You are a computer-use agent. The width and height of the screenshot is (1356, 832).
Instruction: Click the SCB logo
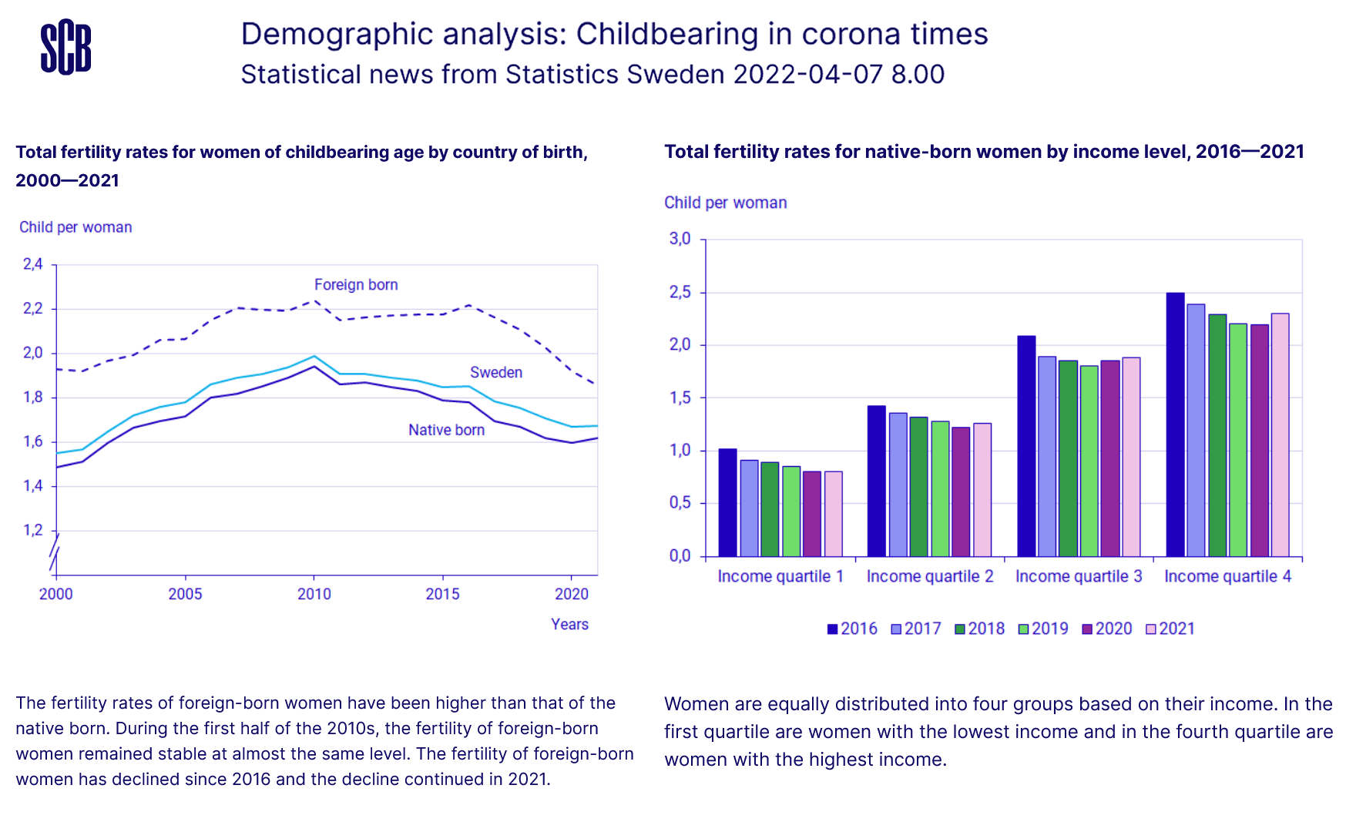(65, 47)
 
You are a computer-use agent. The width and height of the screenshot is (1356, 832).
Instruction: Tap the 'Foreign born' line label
(356, 285)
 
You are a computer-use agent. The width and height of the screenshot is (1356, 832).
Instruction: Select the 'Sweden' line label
(496, 373)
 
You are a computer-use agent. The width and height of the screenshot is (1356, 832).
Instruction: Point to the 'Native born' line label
(446, 431)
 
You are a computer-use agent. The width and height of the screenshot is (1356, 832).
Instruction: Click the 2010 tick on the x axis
(314, 594)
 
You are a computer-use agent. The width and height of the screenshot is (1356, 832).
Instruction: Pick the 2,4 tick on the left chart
(33, 265)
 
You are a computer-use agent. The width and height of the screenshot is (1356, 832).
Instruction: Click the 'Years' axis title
(569, 625)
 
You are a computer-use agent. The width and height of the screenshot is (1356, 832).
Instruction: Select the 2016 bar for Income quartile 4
(1175, 424)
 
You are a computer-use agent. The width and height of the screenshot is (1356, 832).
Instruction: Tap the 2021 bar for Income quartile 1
(833, 514)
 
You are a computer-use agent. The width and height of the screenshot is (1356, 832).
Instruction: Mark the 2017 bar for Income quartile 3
(1046, 456)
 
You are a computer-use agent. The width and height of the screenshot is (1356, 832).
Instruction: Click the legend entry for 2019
(1043, 629)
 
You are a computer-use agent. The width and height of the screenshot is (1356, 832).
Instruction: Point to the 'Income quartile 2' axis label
(930, 576)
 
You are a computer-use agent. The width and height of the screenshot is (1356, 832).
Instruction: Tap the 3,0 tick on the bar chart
(680, 239)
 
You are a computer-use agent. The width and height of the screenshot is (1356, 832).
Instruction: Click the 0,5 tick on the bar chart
(680, 503)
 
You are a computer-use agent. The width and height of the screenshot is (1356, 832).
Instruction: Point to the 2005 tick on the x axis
(185, 594)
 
